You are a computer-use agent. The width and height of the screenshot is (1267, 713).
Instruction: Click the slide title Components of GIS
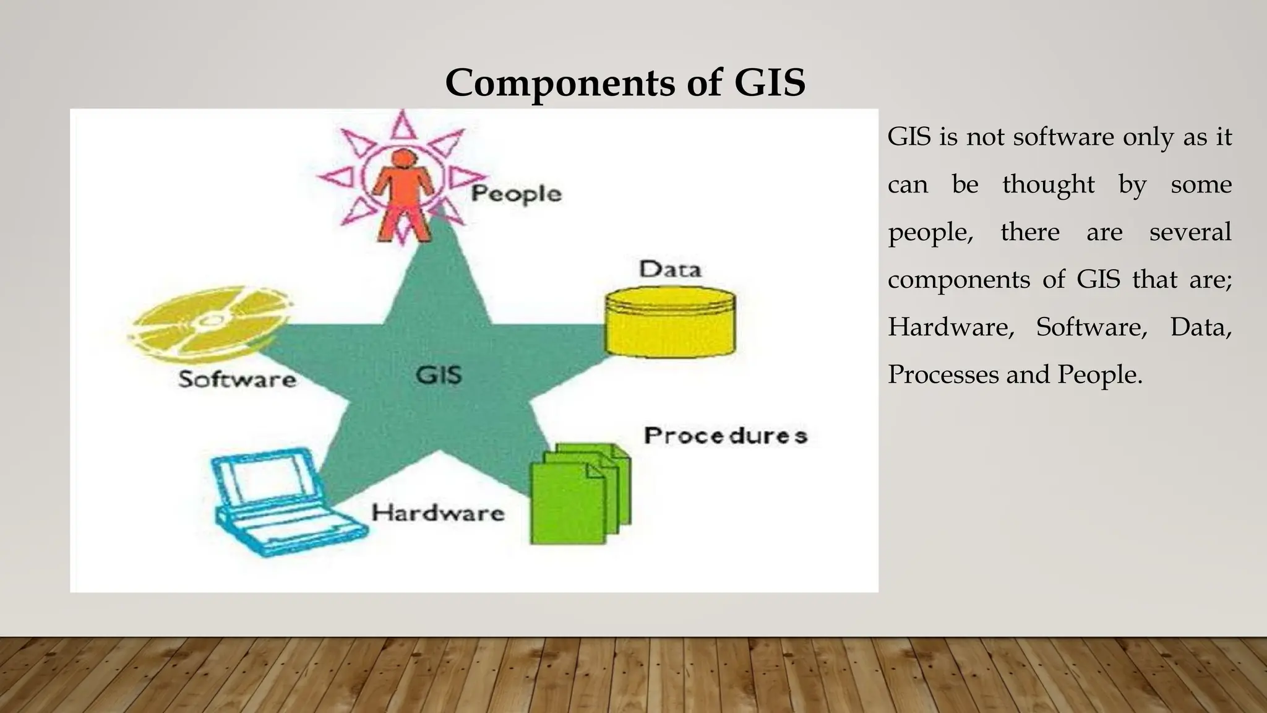[x=625, y=82]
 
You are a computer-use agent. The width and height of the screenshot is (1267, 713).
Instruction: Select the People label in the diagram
[x=516, y=194]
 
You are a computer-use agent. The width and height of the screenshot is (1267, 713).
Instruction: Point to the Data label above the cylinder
[x=670, y=269]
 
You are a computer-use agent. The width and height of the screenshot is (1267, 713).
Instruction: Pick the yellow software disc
[x=210, y=321]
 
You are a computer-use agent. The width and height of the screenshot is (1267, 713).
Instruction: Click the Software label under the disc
[x=237, y=379]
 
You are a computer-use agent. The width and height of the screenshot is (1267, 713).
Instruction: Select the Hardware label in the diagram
[x=437, y=513]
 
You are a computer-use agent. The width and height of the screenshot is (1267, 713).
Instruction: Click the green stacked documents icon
[x=578, y=493]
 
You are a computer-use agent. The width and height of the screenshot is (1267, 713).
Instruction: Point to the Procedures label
[x=725, y=436]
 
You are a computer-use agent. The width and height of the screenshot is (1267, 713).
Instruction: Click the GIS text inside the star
[x=438, y=375]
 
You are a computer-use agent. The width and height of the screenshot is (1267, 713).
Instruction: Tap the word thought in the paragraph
[x=1048, y=184]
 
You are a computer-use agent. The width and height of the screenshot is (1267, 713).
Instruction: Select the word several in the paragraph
[x=1190, y=232]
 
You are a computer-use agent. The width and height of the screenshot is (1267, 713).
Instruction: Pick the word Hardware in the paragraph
[x=951, y=327]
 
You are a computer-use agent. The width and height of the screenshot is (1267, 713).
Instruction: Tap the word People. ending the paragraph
[x=1099, y=374]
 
